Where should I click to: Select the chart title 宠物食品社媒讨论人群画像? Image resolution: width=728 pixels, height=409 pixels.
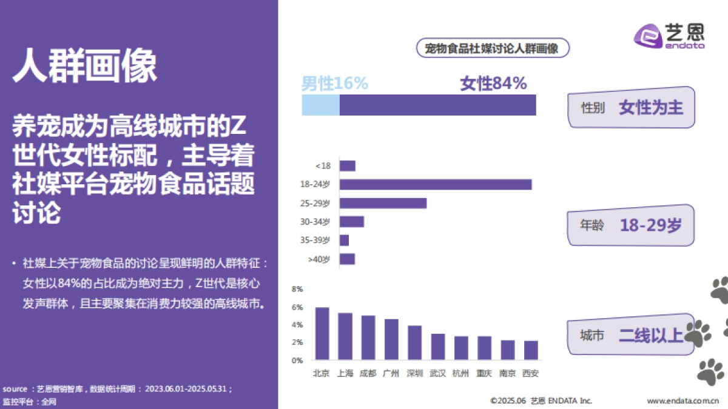492,48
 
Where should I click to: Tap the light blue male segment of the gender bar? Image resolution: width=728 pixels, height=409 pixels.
321,105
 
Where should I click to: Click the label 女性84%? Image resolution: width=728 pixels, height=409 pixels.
493,84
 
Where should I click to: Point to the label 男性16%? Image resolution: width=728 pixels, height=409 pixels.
335,84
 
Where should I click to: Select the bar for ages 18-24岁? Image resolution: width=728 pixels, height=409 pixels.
436,184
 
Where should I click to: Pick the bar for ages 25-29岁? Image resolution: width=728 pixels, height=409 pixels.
383,203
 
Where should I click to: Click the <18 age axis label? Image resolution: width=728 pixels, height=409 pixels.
323,166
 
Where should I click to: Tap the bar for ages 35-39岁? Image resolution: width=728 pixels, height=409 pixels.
344,241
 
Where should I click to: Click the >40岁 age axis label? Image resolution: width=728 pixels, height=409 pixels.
319,259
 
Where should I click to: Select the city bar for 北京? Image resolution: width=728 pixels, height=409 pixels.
322,334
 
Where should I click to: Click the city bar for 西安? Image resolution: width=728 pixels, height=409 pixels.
531,350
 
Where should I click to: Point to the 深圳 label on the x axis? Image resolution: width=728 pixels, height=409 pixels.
415,373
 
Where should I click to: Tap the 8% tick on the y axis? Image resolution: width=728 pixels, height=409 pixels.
297,289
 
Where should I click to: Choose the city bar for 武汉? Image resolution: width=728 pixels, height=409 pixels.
438,347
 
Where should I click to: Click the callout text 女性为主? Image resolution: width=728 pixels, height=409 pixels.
651,108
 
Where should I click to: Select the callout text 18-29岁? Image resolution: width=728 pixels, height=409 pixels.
651,225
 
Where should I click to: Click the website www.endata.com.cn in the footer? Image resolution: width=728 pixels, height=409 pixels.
682,401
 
